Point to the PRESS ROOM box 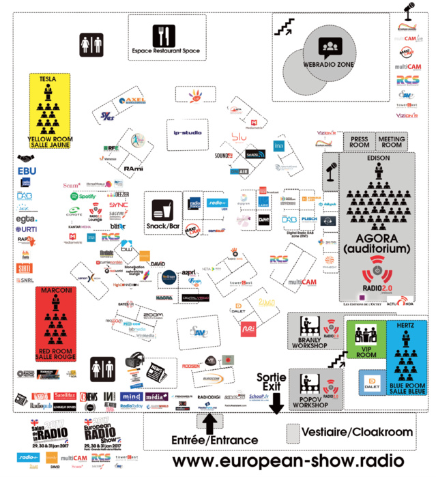359,142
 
